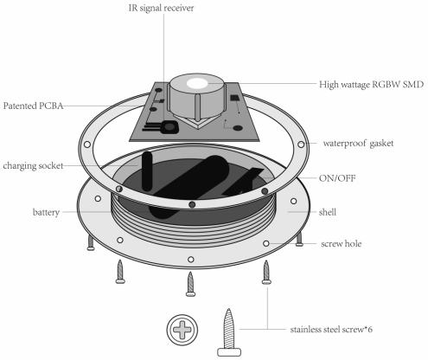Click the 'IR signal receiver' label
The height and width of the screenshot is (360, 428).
point(161,8)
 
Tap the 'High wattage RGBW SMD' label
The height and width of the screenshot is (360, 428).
point(371,85)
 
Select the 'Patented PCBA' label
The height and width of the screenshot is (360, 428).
point(33,106)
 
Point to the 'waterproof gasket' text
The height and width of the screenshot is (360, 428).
point(358,144)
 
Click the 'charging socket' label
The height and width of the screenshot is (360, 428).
point(33,166)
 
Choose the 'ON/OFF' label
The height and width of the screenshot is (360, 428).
point(337,178)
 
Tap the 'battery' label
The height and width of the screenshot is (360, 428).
point(46,212)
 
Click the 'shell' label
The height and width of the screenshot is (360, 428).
point(328,212)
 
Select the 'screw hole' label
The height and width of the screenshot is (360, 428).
point(341,244)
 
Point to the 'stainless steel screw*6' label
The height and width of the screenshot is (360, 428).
point(331,330)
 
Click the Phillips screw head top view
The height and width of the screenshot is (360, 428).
point(182,330)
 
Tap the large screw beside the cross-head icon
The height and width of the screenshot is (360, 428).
point(229,332)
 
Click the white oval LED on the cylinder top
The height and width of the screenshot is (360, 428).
point(197,83)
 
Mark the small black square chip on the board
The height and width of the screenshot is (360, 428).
point(234,98)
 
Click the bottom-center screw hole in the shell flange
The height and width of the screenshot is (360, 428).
point(190,260)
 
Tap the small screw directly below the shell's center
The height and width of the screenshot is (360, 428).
point(190,284)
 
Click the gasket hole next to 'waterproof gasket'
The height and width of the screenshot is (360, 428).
point(301,145)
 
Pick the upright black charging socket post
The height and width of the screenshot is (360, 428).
point(147,171)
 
